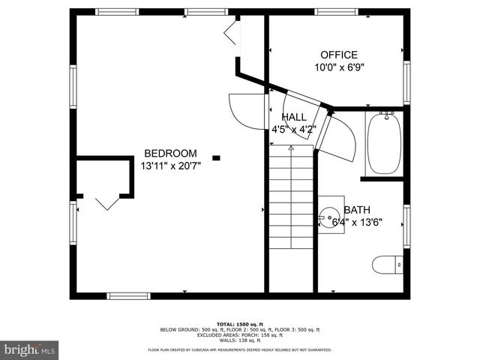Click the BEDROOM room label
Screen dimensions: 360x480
click(170, 153)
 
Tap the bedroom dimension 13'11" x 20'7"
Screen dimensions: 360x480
click(170, 165)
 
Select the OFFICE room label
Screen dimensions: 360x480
click(339, 55)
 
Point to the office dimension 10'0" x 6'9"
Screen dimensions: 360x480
click(339, 67)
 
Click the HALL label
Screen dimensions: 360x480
click(293, 118)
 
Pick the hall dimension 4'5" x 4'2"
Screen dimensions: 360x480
click(293, 129)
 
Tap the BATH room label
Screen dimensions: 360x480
click(356, 210)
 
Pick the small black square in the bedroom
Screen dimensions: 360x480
click(216, 157)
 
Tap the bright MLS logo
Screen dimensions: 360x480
click(29, 349)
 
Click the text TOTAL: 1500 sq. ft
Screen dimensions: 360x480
click(239, 323)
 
